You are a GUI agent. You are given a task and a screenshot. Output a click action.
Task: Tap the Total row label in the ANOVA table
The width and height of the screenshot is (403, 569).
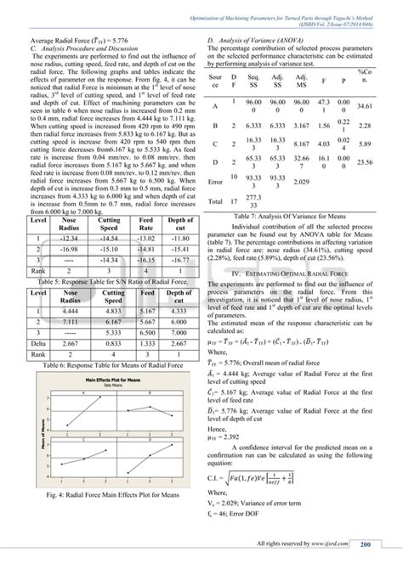coord(218,200)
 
